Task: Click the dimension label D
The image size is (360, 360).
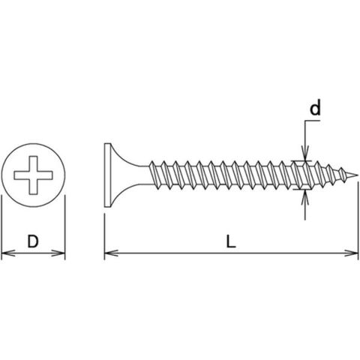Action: [33, 241]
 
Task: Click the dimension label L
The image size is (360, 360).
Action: [231, 241]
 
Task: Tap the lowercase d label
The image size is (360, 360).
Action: [315, 107]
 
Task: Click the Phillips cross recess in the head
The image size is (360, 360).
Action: [33, 175]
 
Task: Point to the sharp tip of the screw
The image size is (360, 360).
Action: [358, 175]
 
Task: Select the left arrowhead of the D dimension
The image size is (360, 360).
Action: [7, 253]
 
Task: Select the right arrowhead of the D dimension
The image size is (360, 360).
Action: [58, 253]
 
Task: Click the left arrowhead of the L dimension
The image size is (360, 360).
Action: [111, 253]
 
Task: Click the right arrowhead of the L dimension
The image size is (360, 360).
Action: [352, 253]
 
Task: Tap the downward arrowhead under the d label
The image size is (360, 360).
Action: [305, 154]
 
